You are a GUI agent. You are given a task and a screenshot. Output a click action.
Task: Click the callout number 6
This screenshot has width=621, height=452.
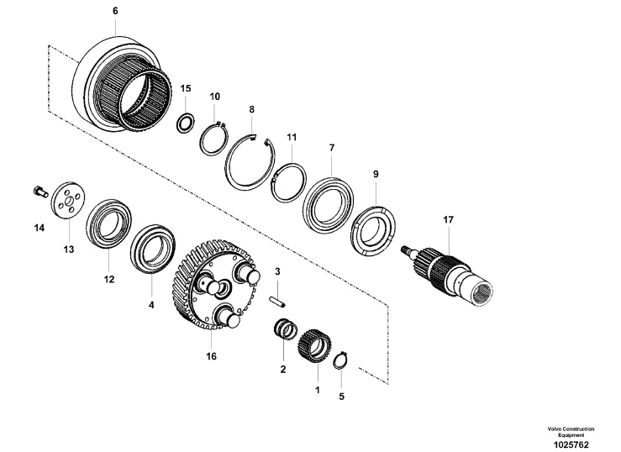[x=115, y=11]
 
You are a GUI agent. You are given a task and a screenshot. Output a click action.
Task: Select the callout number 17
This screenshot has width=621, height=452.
[x=448, y=220]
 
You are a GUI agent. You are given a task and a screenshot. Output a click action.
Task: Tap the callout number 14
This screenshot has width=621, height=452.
[x=39, y=227]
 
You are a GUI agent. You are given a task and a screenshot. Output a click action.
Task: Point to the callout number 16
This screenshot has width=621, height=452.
[x=212, y=356]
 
